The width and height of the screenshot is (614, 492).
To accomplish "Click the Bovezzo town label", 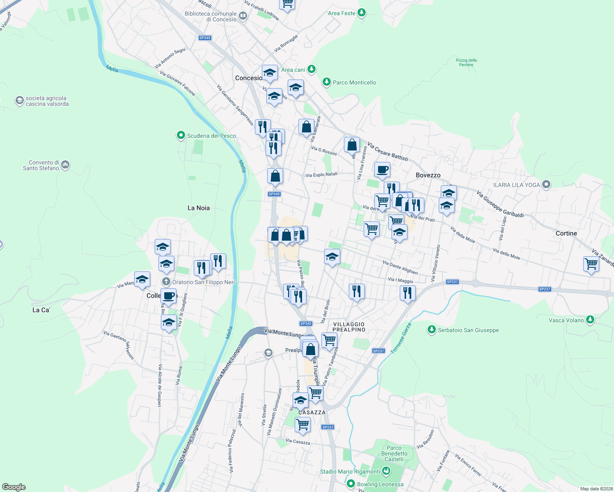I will pyautogui.click(x=428, y=175).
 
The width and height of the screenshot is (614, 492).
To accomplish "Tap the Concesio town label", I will pyautogui.click(x=248, y=78).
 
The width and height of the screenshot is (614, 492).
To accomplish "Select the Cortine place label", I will pyautogui.click(x=566, y=233).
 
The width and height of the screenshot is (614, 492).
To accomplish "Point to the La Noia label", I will pyautogui.click(x=199, y=208).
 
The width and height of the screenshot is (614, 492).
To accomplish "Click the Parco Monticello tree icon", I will pyautogui.click(x=327, y=82).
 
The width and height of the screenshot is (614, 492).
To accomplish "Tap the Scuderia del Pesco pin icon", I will pyautogui.click(x=181, y=135).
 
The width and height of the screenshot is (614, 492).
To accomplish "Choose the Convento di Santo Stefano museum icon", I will pyautogui.click(x=65, y=165).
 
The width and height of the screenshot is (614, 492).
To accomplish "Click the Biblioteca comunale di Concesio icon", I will pyautogui.click(x=243, y=16).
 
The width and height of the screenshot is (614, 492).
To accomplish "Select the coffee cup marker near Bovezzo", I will pyautogui.click(x=382, y=169).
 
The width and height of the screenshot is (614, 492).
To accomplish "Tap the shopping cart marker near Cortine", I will pyautogui.click(x=591, y=264).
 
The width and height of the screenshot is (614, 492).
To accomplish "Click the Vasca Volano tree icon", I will pyautogui.click(x=590, y=320).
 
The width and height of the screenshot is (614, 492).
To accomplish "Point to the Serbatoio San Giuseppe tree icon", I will pyautogui.click(x=431, y=330).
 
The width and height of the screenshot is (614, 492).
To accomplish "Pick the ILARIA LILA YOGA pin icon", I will pyautogui.click(x=546, y=184).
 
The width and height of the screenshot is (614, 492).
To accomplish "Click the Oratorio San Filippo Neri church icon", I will pyautogui.click(x=166, y=282).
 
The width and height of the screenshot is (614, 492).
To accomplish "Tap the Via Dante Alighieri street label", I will pyautogui.click(x=400, y=267).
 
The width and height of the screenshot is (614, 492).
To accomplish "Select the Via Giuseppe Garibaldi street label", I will pyautogui.click(x=500, y=204).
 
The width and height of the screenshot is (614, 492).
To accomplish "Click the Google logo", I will pyautogui.click(x=14, y=487).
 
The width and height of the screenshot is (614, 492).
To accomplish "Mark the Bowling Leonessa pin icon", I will pyautogui.click(x=351, y=484).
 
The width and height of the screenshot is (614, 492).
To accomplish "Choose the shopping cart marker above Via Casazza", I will pyautogui.click(x=302, y=424).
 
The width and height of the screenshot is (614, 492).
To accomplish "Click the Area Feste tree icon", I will pyautogui.click(x=362, y=13).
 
